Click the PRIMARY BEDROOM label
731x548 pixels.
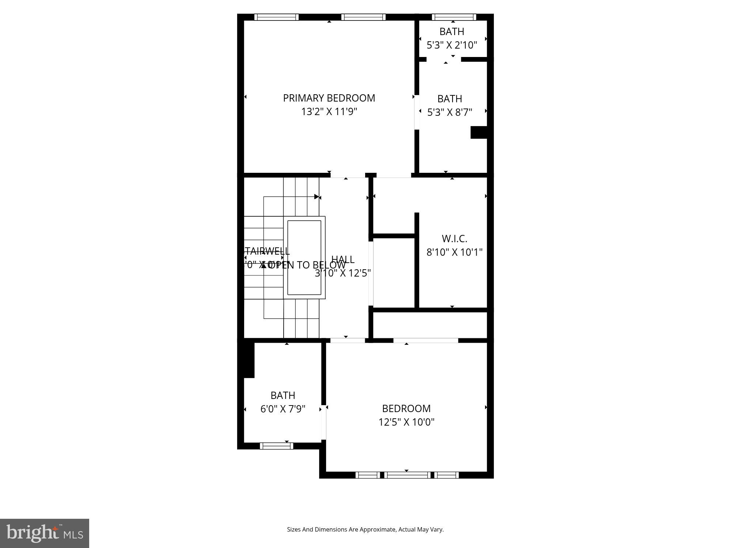[x=329, y=98]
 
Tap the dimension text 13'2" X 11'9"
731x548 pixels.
[x=329, y=111]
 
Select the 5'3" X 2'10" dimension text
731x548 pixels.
[x=452, y=45]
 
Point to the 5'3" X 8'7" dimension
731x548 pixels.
[x=450, y=112]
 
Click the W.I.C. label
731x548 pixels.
[x=454, y=239]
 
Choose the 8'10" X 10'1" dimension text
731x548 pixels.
[x=455, y=252]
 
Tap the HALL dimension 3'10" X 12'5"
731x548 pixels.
[x=343, y=273]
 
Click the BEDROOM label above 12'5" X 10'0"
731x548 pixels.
[x=406, y=408]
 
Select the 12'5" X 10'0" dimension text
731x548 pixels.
[x=406, y=422]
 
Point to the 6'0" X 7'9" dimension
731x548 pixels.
[x=283, y=409]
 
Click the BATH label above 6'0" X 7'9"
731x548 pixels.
[x=283, y=395]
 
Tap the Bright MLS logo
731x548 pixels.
[x=45, y=533]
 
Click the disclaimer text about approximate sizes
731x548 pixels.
[x=365, y=529]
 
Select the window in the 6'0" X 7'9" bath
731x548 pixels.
[x=276, y=446]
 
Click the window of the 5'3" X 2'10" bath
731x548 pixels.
[x=454, y=17]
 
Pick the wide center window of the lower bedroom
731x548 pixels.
[x=407, y=475]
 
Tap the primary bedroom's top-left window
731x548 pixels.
[x=276, y=17]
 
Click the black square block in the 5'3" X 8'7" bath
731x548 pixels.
[x=479, y=132]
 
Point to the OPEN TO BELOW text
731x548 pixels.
[x=307, y=265]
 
